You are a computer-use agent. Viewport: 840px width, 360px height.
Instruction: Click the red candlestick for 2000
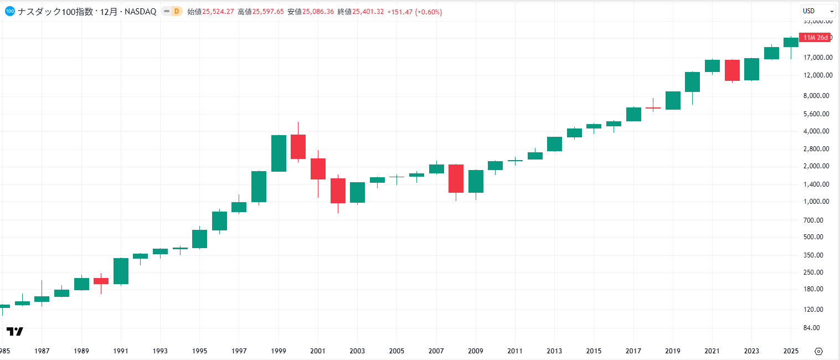[x=298, y=147]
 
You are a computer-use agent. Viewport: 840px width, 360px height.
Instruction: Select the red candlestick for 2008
[x=456, y=178]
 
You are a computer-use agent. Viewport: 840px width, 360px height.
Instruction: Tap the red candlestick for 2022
[x=732, y=70]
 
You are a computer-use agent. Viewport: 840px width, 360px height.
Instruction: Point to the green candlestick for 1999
[x=279, y=153]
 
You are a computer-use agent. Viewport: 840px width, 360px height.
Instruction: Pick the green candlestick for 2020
[x=692, y=82]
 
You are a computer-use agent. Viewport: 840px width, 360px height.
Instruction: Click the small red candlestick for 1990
[x=101, y=281]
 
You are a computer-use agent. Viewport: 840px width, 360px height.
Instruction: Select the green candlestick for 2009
[x=476, y=181]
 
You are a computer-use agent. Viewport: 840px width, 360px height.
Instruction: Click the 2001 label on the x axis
[x=318, y=351]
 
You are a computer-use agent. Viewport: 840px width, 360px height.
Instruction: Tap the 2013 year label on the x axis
[x=554, y=351]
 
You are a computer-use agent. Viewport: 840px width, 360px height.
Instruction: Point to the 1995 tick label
[x=199, y=351]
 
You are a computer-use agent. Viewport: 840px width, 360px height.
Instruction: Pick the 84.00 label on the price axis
[x=822, y=328]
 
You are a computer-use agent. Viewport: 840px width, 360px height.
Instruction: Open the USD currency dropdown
[x=818, y=11]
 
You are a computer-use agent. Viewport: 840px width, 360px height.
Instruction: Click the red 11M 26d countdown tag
[x=815, y=38]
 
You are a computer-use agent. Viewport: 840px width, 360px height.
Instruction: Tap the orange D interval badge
[x=176, y=12]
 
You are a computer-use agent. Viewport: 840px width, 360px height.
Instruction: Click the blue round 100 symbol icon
[x=9, y=11]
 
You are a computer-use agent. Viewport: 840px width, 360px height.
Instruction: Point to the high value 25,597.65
[x=269, y=12]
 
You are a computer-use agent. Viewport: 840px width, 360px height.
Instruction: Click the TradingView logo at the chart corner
[x=15, y=331]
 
